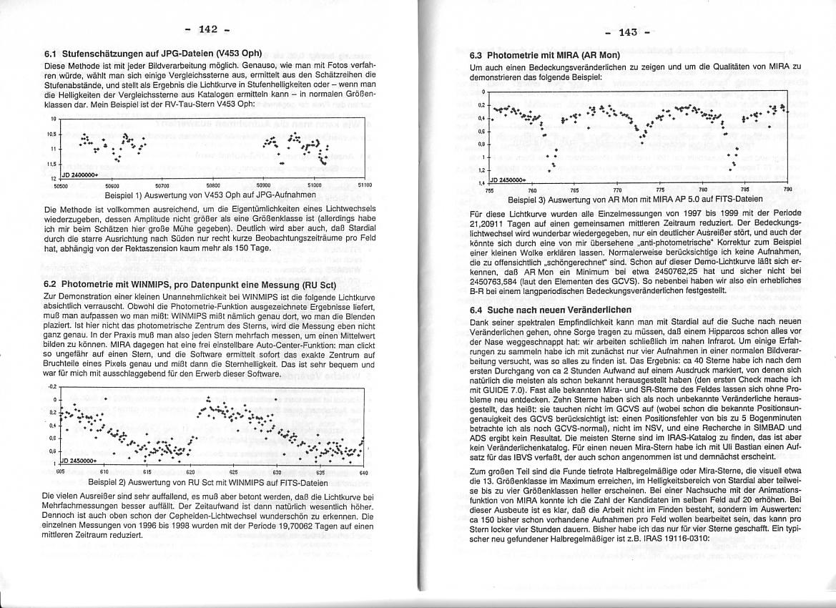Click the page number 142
[x=208, y=29]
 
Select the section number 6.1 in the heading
[x=51, y=54]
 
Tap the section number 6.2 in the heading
[x=51, y=283]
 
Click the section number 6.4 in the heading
[x=477, y=310]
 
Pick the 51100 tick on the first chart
[x=366, y=185]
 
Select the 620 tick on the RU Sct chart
[x=190, y=472]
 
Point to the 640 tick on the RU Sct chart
[x=363, y=472]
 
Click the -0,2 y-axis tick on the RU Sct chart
[x=51, y=386]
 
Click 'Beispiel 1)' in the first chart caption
[x=124, y=194]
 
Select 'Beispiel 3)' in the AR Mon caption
[x=527, y=200]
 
